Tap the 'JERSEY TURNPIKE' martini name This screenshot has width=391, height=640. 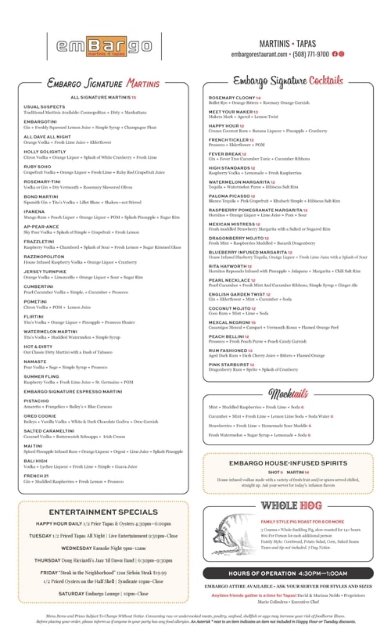coord(45,271)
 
